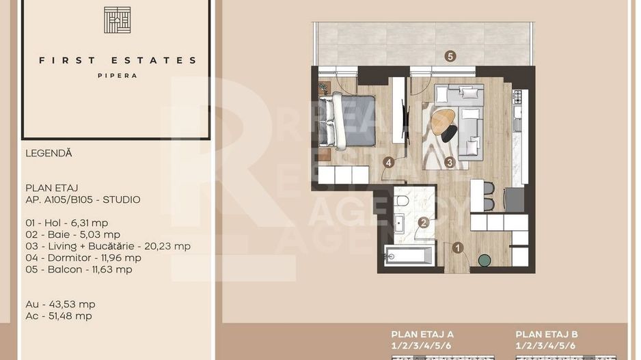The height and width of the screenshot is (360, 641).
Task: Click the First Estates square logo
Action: point(117,20)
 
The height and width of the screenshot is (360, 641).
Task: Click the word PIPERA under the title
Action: point(117,76)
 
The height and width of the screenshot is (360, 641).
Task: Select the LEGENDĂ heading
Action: point(49,154)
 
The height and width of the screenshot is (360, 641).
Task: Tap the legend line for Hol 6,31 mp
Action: point(66,223)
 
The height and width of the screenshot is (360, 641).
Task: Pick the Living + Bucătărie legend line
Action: point(107,246)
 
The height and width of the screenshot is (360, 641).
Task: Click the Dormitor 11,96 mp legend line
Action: point(83,258)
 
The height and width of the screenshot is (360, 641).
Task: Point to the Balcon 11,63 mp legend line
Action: point(79,269)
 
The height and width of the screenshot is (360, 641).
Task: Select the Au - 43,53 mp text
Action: point(60,304)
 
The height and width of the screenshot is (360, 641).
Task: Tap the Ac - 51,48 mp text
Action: point(59,316)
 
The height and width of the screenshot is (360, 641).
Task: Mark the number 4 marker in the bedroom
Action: point(389,163)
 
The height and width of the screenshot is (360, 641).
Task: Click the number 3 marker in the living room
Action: point(449,163)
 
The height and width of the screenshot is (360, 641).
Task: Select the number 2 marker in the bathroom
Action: point(424,222)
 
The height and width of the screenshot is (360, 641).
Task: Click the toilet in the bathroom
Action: point(402,202)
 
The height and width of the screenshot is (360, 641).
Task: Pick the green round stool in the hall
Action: point(484,260)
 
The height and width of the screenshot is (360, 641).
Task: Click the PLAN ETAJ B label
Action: point(547,334)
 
